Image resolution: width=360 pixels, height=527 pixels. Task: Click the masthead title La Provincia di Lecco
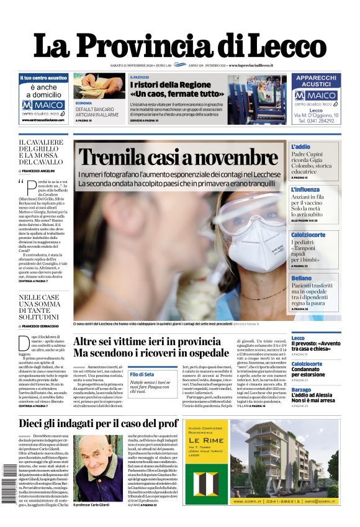[179, 45]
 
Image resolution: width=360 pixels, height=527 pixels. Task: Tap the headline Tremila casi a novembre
[178, 158]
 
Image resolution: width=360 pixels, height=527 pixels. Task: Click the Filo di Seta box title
[142, 374]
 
